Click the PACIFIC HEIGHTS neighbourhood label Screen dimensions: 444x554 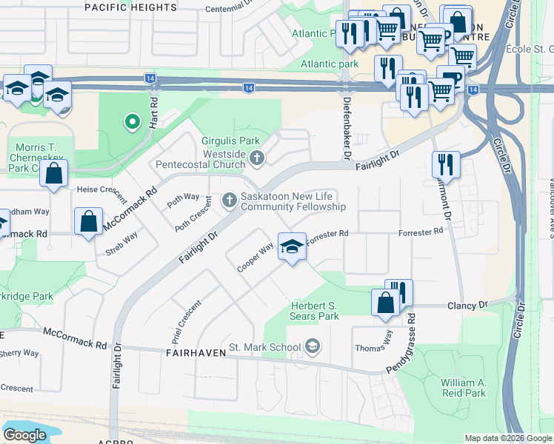[x=130, y=7]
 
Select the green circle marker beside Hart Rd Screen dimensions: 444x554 [x=131, y=121]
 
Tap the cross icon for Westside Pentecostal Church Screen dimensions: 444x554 [x=257, y=157]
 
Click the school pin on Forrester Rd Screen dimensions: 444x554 [x=292, y=246]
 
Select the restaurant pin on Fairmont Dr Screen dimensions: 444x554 [x=445, y=164]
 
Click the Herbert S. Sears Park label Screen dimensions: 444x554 [x=313, y=311]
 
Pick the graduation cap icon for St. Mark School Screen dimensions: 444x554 [x=313, y=346]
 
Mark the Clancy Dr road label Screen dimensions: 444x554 [x=467, y=305]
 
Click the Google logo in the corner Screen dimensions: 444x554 [x=24, y=435]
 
